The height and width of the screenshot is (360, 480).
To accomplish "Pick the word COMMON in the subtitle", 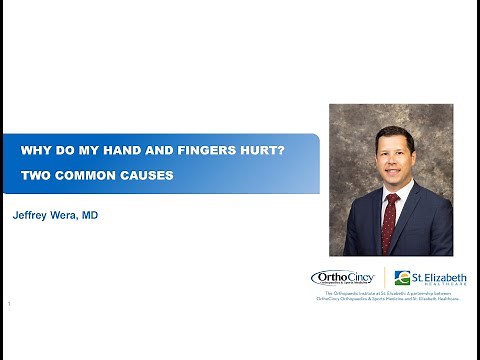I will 80,175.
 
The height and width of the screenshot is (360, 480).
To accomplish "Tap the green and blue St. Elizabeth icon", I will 402,278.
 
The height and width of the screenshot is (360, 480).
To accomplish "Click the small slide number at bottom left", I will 9,302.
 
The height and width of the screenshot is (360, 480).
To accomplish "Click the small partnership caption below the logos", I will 388,296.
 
